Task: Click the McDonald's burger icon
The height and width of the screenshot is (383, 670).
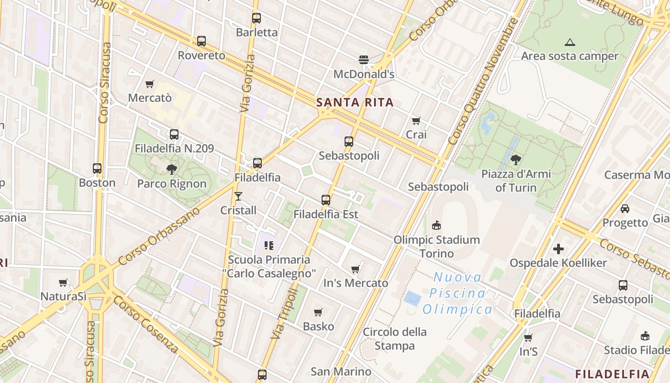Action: [x=364, y=60]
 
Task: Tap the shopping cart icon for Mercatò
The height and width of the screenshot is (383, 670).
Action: [x=150, y=84]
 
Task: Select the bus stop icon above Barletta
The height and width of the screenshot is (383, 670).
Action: [x=257, y=18]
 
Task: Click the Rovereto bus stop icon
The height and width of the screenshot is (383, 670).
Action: [x=201, y=41]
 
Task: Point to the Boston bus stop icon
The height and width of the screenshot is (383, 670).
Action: [x=97, y=169]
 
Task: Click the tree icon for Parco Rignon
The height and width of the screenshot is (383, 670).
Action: [x=171, y=169]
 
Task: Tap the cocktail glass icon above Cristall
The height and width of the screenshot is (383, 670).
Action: [x=238, y=196]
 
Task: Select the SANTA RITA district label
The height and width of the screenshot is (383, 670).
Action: [x=355, y=102]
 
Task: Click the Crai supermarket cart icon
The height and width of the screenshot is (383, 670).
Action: [x=416, y=121]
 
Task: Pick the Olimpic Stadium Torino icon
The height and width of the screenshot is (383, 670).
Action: [x=436, y=225]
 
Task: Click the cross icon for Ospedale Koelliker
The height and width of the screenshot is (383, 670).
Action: [x=558, y=249]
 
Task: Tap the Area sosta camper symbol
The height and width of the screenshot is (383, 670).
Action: [x=569, y=42]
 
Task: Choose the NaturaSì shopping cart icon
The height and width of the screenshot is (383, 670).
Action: [x=63, y=282]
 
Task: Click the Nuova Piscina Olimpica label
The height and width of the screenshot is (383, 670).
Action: [x=457, y=293]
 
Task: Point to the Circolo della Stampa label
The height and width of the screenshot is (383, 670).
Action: [x=394, y=338]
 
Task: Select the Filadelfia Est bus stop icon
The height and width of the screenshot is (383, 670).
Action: [x=326, y=200]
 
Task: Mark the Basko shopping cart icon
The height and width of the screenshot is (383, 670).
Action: [x=318, y=313]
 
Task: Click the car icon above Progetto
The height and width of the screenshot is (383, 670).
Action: [x=625, y=208]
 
